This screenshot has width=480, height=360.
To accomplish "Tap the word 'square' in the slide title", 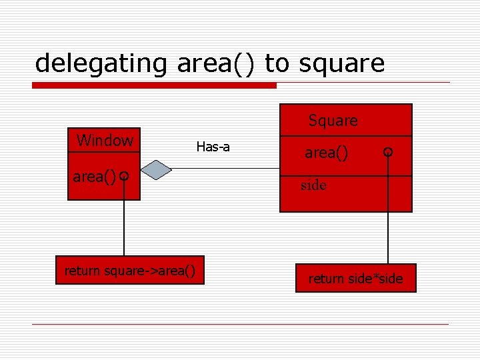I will tap(341, 63).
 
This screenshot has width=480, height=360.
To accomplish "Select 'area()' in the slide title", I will tap(217, 63).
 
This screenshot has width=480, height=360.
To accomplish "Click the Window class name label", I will tap(105, 141).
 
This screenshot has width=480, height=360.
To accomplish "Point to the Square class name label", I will tap(333, 121).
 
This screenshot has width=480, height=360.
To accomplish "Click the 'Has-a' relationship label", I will tap(213, 147).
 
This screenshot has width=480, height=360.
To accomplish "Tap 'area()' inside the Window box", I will tap(94, 177).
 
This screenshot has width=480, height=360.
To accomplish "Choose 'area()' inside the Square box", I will tap(326, 153).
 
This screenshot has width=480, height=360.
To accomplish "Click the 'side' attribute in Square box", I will tap(313, 185).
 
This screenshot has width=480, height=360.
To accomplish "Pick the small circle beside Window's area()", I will tap(124, 176).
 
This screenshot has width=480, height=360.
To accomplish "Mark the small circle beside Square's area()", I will tap(388, 152).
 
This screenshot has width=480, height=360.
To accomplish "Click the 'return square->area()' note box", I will tap(129, 270).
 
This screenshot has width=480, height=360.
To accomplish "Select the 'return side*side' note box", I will tap(355, 278).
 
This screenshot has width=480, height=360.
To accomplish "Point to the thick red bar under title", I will tap(155, 85).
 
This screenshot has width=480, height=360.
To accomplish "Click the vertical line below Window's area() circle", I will tap(124, 220).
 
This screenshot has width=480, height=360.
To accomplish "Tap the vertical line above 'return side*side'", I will tap(388, 213).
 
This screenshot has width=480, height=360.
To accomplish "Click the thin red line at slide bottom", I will tap(240, 325).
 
